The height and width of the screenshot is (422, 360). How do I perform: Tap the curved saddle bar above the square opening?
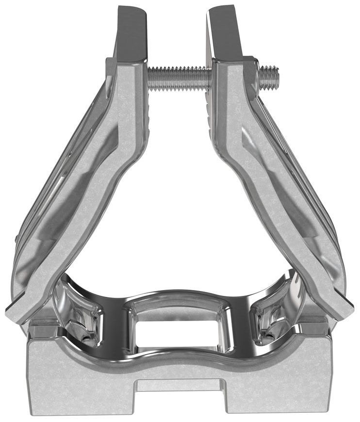[180, 296]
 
